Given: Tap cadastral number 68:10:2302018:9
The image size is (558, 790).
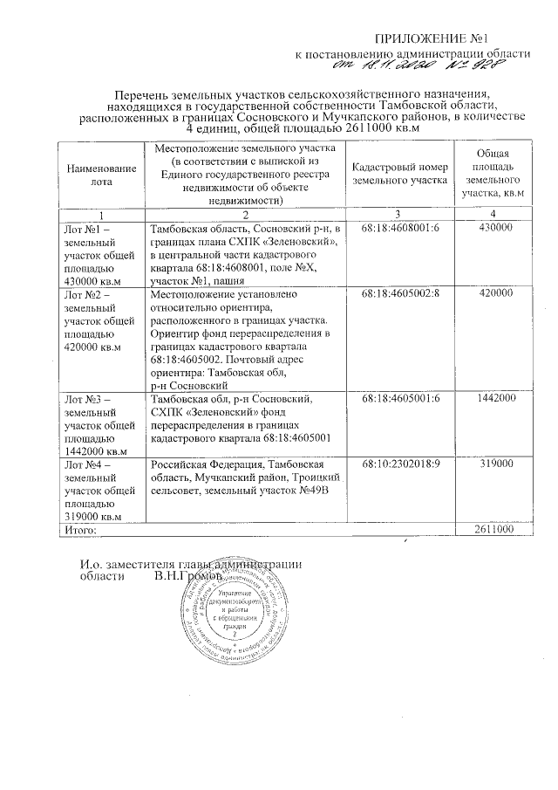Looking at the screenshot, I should point(401,464).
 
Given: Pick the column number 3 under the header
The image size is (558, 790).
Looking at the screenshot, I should point(398,215).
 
